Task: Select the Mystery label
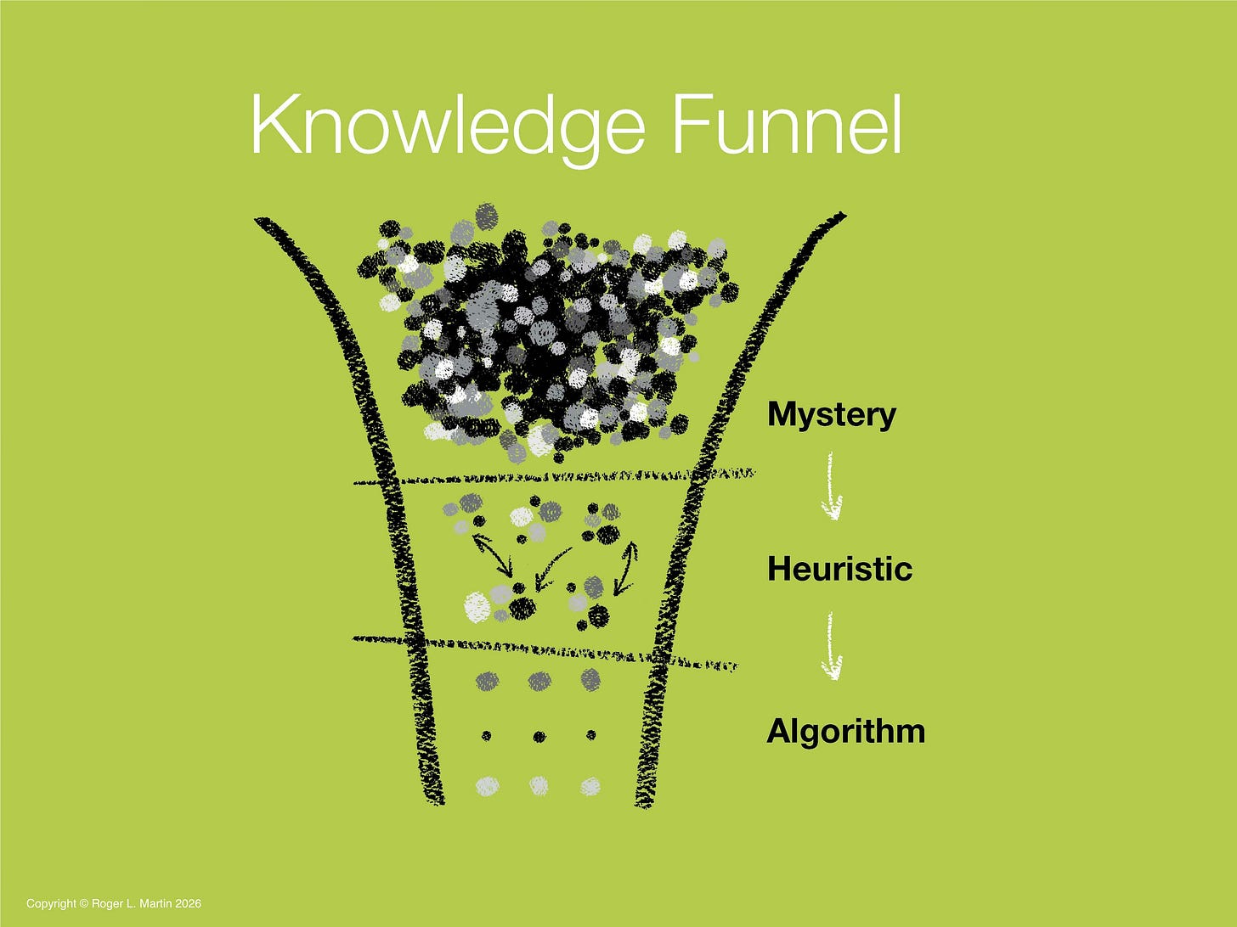click(831, 415)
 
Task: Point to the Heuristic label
click(839, 569)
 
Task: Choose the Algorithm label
click(845, 731)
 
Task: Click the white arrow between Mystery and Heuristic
click(832, 487)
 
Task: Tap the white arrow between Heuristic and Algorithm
click(832, 647)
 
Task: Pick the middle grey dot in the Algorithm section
click(539, 680)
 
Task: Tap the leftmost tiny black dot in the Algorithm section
click(487, 735)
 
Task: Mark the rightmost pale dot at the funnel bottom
click(590, 786)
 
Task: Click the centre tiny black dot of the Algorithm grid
click(539, 735)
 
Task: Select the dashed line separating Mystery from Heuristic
click(552, 478)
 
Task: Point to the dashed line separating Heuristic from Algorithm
click(544, 652)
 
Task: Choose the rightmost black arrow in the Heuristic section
click(625, 567)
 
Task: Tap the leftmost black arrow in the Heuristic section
click(494, 554)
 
